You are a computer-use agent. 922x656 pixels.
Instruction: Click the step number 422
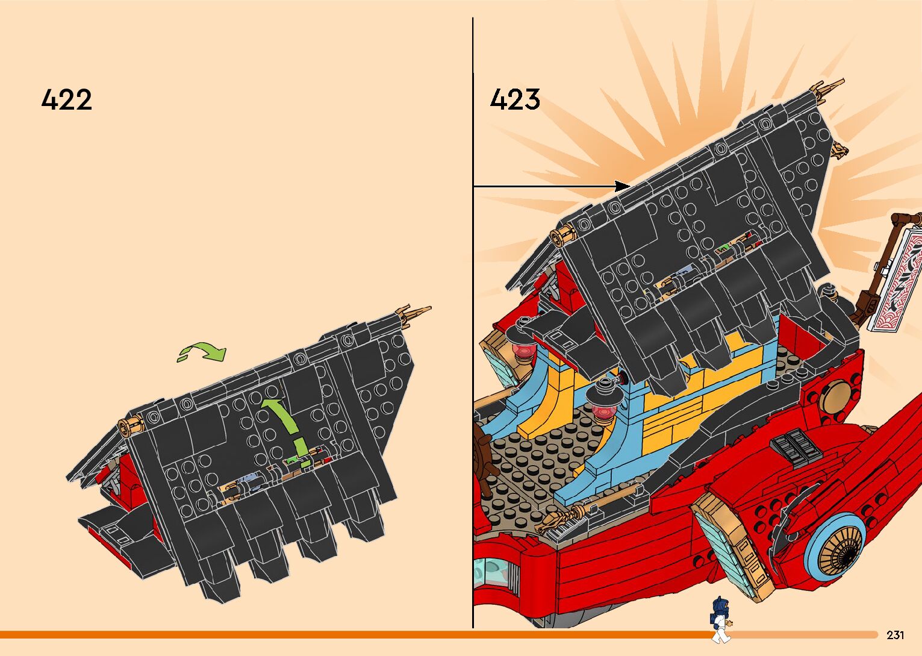[x=67, y=99]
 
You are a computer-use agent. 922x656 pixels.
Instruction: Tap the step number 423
[x=515, y=99]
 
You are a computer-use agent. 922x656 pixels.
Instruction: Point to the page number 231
[x=895, y=635]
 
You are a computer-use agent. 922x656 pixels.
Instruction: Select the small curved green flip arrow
[x=202, y=352]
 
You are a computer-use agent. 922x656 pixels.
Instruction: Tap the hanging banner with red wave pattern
[x=898, y=280]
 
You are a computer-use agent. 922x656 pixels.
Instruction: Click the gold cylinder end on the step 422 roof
[x=131, y=428]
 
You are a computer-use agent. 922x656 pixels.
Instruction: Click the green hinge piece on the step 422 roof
[x=291, y=460]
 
